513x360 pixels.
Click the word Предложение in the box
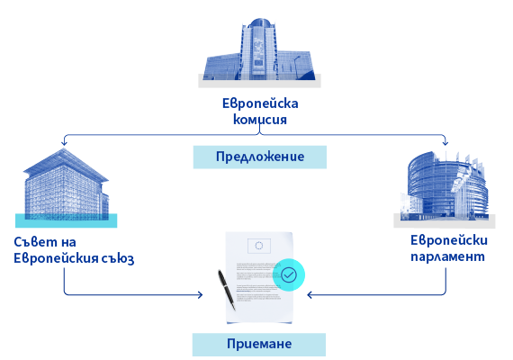tap(260, 157)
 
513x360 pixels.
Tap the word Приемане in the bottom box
tap(259, 344)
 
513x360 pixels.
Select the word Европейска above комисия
tap(260, 103)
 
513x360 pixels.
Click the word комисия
tap(260, 120)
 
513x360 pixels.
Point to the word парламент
tap(447, 256)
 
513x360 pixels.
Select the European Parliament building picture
tap(445, 186)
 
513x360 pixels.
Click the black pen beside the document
tap(227, 290)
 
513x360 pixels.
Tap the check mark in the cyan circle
tap(289, 274)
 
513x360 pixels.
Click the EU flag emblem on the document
tap(259, 246)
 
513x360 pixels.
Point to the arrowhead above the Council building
tap(64, 142)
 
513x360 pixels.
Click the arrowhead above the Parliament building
tap(445, 142)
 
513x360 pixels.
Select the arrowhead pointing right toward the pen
tap(200, 295)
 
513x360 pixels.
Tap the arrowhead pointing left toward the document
tap(310, 295)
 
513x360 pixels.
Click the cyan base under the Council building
tap(66, 220)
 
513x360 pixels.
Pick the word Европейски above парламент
tap(449, 240)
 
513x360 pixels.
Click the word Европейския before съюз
tap(56, 258)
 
